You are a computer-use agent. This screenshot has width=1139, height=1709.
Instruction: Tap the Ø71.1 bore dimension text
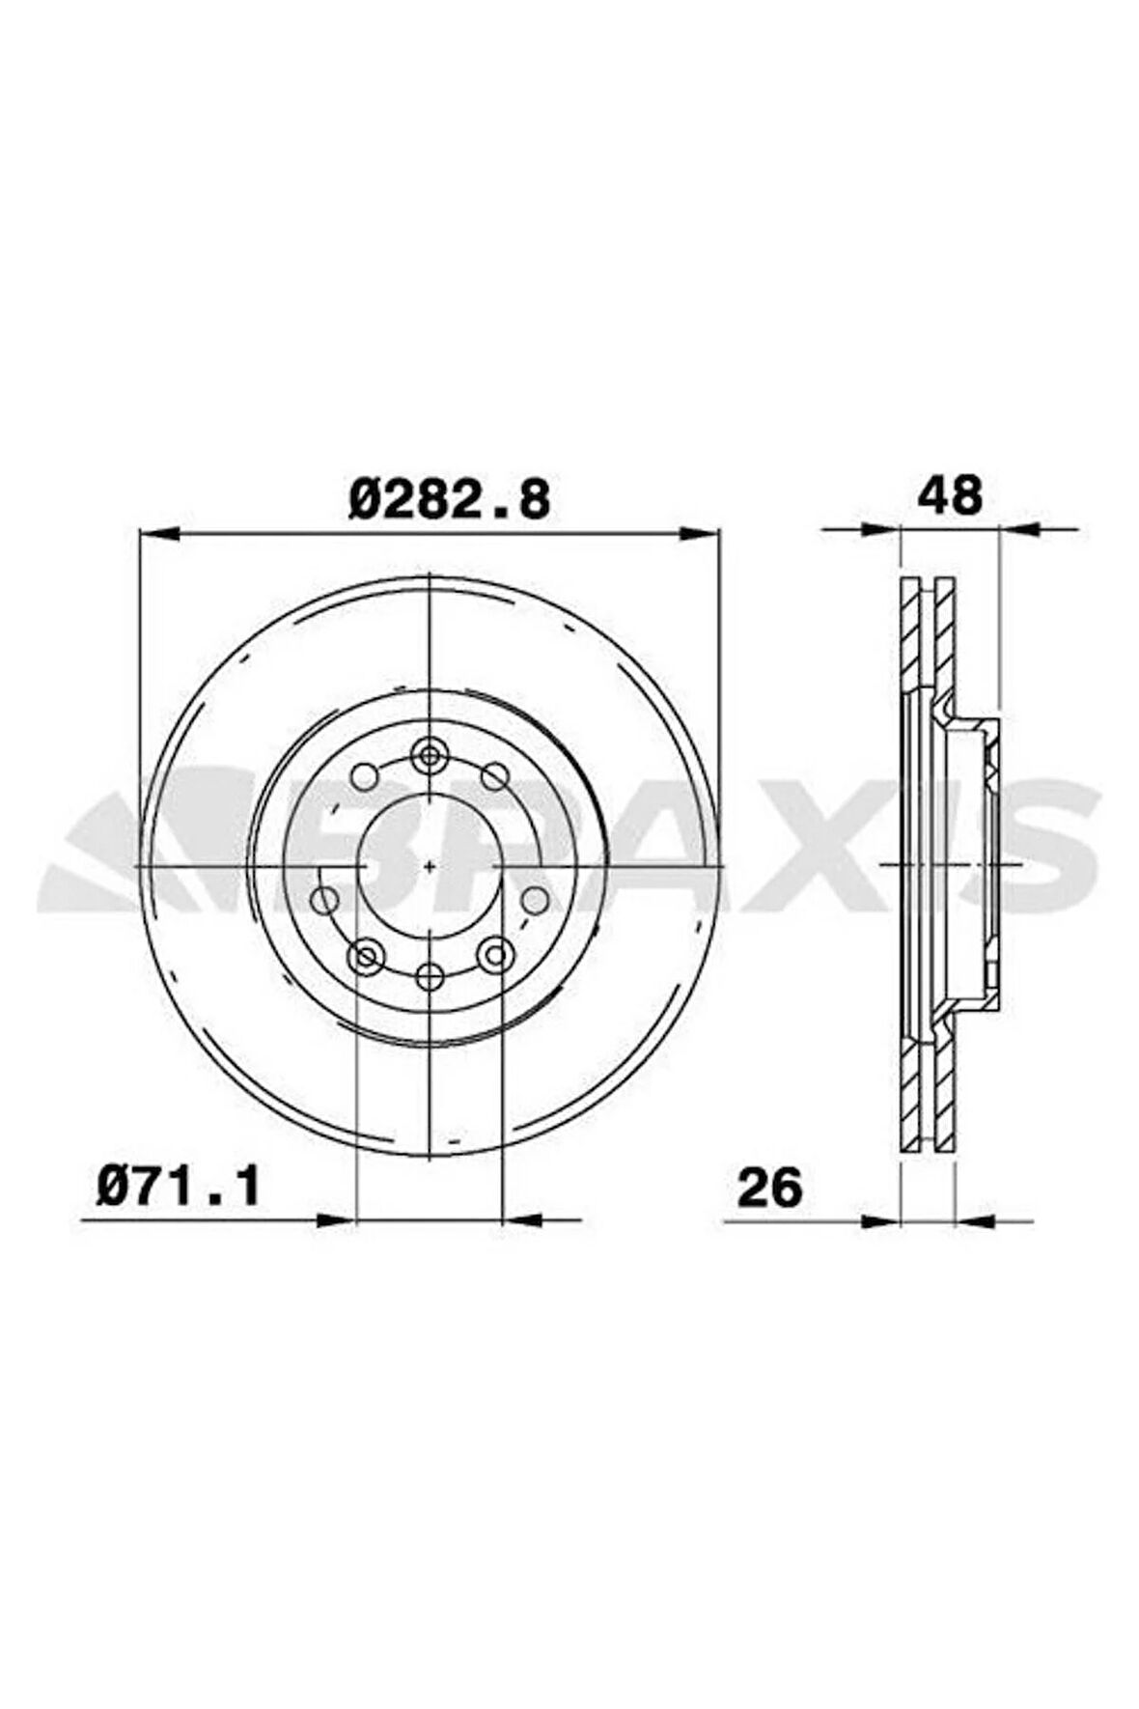pos(179,1185)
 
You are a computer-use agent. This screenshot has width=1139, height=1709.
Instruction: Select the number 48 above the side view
pos(950,495)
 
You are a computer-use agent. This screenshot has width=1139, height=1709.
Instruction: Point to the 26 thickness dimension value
pos(769,1187)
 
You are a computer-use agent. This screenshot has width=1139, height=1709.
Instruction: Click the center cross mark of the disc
pos(430,866)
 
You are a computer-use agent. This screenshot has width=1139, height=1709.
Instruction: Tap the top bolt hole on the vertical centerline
pos(430,754)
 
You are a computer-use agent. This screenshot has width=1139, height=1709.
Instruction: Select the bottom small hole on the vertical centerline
pos(430,977)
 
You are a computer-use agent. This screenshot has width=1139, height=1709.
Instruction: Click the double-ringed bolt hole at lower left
pos(365,956)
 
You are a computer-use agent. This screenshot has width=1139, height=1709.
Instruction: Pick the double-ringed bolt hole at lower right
pos(495,955)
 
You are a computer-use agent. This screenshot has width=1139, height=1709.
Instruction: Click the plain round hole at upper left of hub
pos(364,775)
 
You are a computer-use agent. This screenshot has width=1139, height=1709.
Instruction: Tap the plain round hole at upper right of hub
pos(495,775)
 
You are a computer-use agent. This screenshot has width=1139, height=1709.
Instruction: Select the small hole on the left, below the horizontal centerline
pos(325,900)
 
